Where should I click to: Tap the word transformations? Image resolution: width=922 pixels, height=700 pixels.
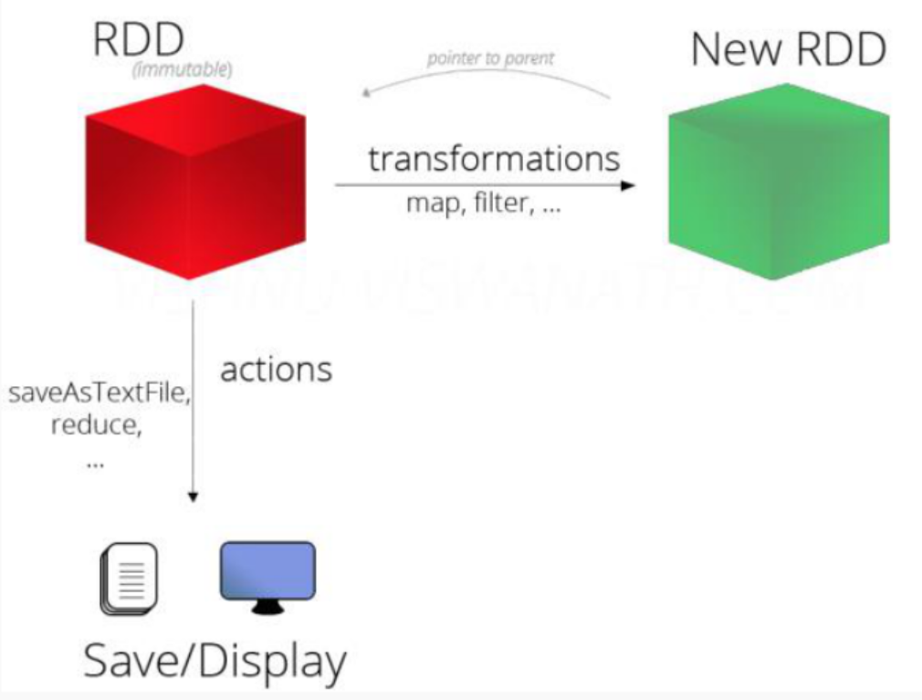pyautogui.click(x=494, y=158)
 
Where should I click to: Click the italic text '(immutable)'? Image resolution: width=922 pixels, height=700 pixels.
pyautogui.click(x=182, y=70)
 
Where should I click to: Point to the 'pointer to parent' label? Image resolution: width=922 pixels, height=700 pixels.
pyautogui.click(x=490, y=59)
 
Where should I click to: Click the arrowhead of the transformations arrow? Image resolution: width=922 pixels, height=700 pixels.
pyautogui.click(x=628, y=185)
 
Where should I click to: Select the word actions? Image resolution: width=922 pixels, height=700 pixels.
pyautogui.click(x=277, y=370)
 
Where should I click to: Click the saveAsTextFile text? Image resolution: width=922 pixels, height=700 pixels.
pyautogui.click(x=99, y=396)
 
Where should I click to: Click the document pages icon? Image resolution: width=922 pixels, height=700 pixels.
pyautogui.click(x=129, y=578)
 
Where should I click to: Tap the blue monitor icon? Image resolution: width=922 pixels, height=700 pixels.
pyautogui.click(x=267, y=572)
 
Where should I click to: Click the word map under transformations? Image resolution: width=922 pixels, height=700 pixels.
pyautogui.click(x=431, y=204)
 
